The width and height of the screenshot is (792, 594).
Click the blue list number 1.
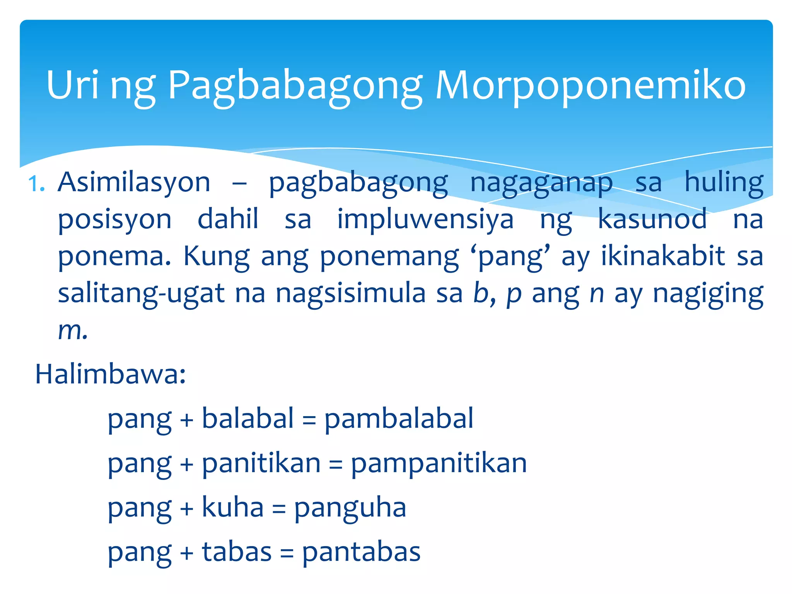(37, 184)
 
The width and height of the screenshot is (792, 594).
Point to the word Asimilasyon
(134, 183)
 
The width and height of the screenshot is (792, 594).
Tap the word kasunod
(652, 219)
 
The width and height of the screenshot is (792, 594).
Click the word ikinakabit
(663, 256)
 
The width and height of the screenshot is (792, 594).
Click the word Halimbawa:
(111, 374)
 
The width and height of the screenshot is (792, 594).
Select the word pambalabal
(399, 419)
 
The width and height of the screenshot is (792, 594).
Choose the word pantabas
(361, 552)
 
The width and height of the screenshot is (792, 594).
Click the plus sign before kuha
(187, 508)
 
